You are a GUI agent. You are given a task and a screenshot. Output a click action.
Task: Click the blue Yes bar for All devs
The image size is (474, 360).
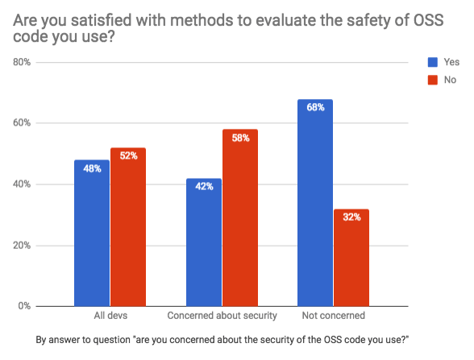pos(92,233)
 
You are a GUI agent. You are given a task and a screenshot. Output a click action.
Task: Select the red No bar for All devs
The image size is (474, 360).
pos(128,227)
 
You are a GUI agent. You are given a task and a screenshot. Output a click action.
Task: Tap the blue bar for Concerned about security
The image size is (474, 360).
pos(204,242)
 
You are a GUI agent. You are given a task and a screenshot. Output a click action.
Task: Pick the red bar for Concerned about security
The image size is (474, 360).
pos(240,217)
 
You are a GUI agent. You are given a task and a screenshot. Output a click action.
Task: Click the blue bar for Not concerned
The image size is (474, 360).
pos(315,203)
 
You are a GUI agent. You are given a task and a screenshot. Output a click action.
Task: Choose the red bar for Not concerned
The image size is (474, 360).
pos(351,258)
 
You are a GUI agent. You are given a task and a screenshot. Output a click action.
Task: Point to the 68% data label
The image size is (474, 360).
pos(316,107)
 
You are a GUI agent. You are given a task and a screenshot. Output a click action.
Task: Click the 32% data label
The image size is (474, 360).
pos(351,217)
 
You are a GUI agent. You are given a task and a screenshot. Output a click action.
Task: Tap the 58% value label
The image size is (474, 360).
pos(240,138)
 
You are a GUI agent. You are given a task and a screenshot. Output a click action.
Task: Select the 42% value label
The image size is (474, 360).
pos(205,186)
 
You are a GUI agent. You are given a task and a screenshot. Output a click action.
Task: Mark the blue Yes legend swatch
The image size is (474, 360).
pos(433,62)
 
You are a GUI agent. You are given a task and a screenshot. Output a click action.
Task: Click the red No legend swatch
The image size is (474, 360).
pos(433,80)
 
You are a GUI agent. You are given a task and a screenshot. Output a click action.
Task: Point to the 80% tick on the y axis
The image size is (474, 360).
pos(22,62)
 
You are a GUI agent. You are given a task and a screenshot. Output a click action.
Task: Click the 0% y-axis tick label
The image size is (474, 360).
pos(24,306)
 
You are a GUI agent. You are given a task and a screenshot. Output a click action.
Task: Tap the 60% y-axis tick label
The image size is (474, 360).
pos(22,123)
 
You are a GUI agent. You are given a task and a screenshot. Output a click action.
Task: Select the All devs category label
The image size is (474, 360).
pos(110,316)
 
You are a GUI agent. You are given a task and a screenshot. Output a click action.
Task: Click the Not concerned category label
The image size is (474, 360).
pos(334,316)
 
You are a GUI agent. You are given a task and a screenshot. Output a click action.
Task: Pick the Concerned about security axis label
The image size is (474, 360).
pos(222,316)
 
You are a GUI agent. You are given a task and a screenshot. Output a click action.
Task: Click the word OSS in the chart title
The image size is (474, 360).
pos(428,20)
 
